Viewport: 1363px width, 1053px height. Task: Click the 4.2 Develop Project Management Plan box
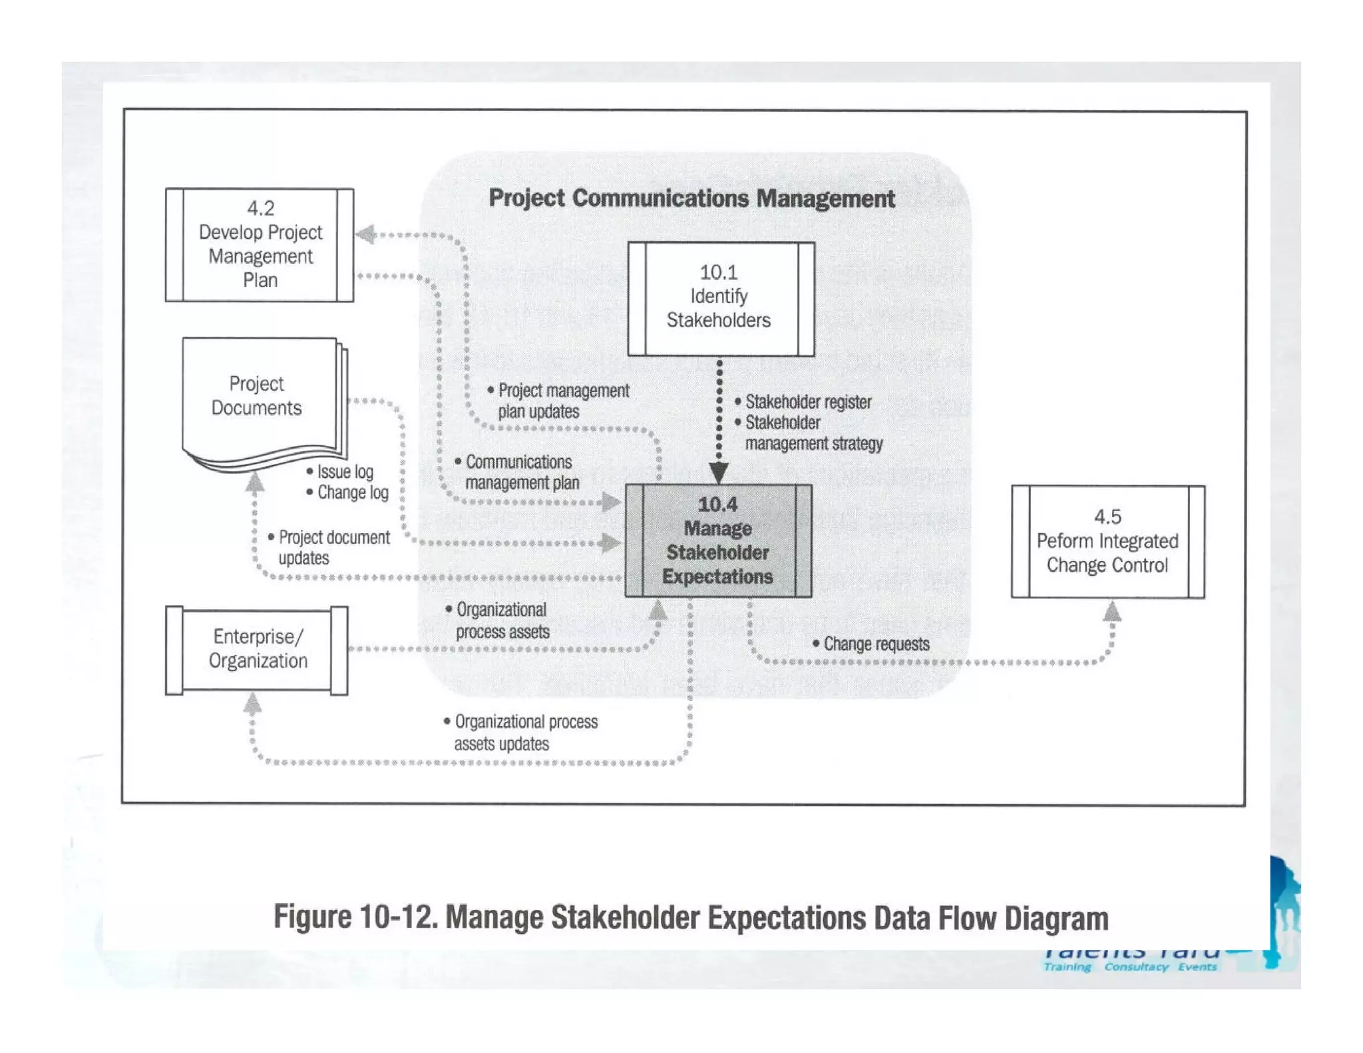260,244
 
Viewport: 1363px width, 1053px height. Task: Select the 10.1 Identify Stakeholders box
721,298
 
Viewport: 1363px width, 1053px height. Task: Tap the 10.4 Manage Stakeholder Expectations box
718,540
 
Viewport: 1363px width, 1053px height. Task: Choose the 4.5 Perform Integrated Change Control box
1107,541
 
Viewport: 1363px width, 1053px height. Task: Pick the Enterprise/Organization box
257,650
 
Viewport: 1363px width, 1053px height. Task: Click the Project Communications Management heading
691,198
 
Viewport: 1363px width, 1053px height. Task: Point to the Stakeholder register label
807,402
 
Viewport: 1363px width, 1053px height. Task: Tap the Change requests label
876,644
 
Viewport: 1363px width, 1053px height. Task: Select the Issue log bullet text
345,472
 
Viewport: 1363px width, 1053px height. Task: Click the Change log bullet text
352,493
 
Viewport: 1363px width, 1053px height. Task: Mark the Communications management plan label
521,472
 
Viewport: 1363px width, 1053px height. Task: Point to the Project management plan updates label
562,401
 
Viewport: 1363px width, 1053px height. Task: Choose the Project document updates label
333,547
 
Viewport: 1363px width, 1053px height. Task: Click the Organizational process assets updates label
525,732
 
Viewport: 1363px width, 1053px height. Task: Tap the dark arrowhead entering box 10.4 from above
719,472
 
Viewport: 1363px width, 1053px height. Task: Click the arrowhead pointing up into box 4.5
1112,610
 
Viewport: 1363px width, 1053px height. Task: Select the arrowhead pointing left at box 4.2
365,234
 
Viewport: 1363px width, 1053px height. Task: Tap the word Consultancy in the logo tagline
1135,966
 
